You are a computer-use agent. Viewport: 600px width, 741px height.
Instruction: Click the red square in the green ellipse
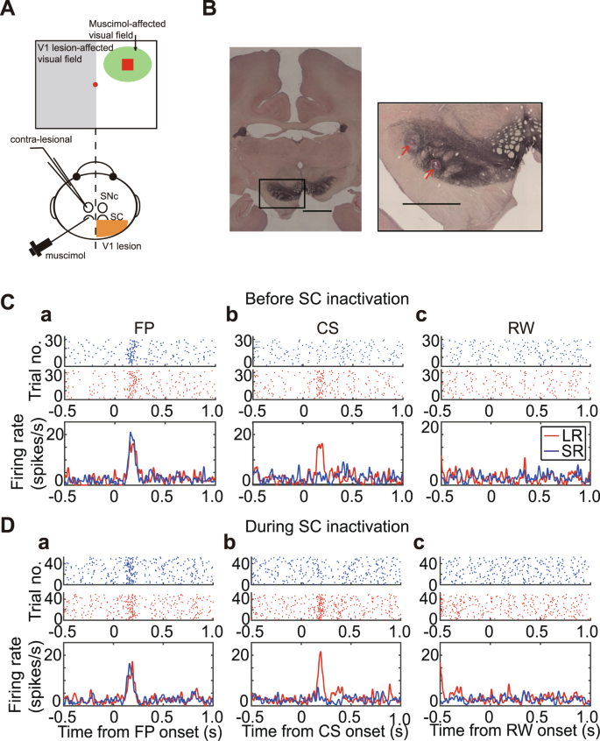click(128, 65)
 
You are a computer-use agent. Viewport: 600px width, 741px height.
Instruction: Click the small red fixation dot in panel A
click(95, 84)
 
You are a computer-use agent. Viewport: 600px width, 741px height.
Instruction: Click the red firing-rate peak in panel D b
click(321, 653)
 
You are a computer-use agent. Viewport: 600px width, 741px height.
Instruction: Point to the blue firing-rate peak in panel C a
click(131, 434)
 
